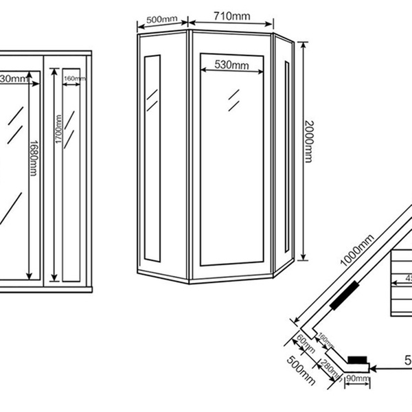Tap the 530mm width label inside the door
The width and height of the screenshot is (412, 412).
(x=231, y=65)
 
